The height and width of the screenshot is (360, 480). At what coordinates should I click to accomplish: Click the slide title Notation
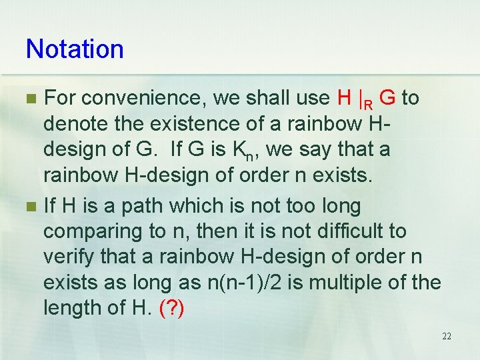75,49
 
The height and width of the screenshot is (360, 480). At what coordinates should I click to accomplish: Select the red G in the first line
389,99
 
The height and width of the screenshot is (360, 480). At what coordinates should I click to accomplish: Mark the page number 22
446,337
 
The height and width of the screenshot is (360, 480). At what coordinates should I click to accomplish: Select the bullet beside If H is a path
30,207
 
